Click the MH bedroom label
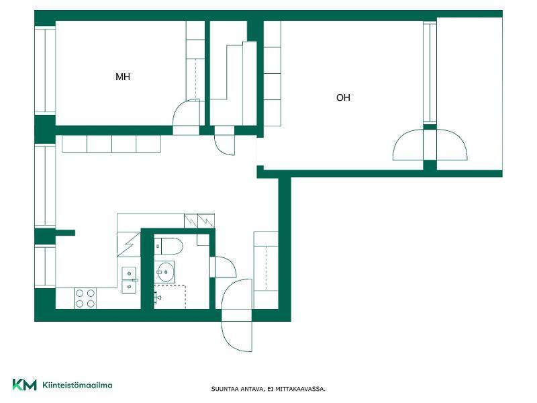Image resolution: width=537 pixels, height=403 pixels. (123, 77)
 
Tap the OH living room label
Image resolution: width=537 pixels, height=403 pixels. (343, 97)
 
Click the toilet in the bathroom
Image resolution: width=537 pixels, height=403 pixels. (168, 246)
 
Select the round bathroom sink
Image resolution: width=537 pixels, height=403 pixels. (165, 272)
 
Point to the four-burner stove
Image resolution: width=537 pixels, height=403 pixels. (85, 298)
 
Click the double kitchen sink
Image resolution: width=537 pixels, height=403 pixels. (130, 279)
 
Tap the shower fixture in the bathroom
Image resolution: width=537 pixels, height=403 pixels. (157, 298)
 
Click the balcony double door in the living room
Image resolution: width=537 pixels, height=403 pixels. (430, 144)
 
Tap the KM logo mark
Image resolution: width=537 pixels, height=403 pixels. (24, 384)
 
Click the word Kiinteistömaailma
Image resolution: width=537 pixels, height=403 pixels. (77, 385)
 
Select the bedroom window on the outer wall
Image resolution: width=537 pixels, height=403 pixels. (45, 70)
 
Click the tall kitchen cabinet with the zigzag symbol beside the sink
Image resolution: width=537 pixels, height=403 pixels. (129, 244)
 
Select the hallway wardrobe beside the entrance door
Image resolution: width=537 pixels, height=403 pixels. (266, 271)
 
